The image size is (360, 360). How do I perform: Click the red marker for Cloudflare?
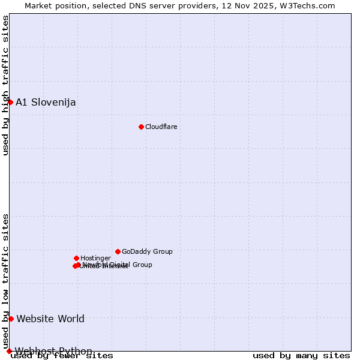141,127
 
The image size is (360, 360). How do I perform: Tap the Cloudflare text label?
161,127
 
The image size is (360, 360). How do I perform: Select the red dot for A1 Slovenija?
10,102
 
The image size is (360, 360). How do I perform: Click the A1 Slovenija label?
46,102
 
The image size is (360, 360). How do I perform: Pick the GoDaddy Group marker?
118,251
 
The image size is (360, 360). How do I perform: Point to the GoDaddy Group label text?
147,251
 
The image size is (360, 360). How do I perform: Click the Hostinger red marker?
76,258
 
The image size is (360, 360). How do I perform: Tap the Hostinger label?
95,258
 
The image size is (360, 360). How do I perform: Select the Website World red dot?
11,319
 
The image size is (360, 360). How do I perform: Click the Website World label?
50,319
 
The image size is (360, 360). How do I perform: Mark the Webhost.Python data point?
9,351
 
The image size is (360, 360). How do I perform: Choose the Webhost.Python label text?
53,351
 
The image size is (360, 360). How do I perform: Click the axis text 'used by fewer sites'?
62,356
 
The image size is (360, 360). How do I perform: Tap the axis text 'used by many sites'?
301,356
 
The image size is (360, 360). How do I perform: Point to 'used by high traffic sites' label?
5,85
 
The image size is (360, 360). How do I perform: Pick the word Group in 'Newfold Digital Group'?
142,265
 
